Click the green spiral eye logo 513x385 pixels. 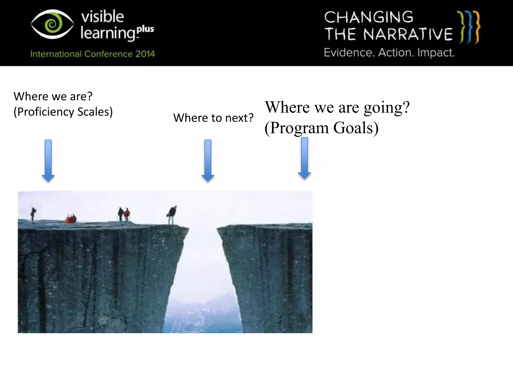52,24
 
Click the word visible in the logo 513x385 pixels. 102,17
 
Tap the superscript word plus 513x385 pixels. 146,29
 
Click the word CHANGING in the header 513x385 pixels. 368,17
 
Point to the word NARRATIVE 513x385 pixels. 408,34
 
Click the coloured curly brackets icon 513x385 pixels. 469,27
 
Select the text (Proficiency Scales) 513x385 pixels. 63,112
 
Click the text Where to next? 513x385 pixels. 213,118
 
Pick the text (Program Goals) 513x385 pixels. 321,128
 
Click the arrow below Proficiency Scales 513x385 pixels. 48,160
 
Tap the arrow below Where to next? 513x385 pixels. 208,160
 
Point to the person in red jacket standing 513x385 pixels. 127,215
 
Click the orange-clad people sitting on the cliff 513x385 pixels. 71,219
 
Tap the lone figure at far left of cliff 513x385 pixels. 33,215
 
